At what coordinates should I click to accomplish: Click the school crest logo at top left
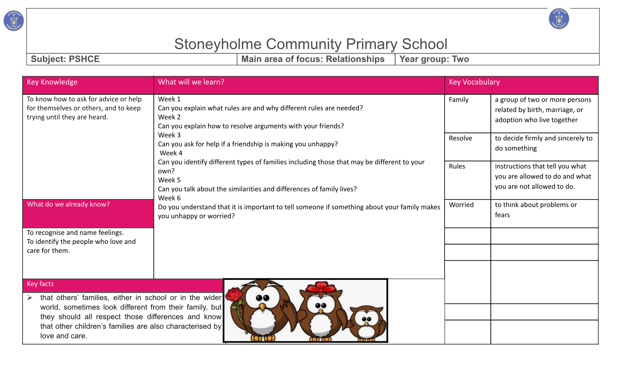coord(14,21)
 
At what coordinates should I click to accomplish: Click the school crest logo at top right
coord(559,18)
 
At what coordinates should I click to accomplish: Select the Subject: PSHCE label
coord(65,59)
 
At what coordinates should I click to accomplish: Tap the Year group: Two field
coord(434,59)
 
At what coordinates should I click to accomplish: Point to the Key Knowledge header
coord(52,82)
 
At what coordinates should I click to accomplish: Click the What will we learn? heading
coord(191,82)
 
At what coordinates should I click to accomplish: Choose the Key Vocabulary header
coord(474,82)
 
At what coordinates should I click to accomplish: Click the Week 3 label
coord(169,135)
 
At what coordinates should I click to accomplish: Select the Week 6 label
coord(169,198)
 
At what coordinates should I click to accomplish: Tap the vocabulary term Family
coord(459,100)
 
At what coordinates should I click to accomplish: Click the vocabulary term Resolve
coord(460,138)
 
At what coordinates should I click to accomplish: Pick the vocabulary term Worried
coord(461,205)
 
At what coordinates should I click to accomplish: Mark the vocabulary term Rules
coord(457,166)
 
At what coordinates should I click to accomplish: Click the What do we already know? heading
coord(68,204)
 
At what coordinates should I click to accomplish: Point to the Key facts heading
coord(40,284)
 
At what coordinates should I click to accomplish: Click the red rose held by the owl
coord(234,295)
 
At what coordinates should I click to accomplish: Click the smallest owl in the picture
coord(367,323)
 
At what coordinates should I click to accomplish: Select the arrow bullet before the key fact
coord(30,298)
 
